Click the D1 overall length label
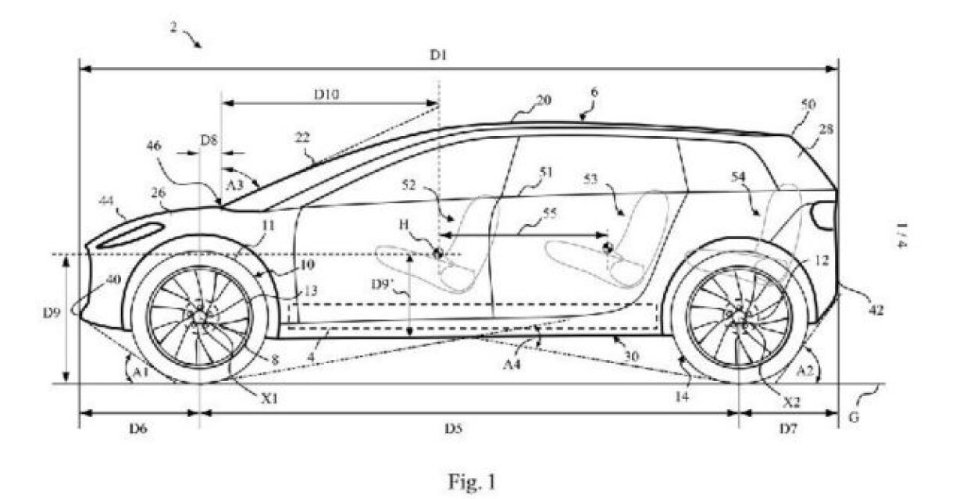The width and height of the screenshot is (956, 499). (438, 55)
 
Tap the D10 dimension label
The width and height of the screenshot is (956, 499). (326, 94)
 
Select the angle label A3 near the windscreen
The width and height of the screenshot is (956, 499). (233, 184)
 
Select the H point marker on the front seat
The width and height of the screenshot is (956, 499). (437, 252)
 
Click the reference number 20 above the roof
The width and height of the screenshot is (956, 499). (544, 101)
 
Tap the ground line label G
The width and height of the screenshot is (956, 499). (854, 417)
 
